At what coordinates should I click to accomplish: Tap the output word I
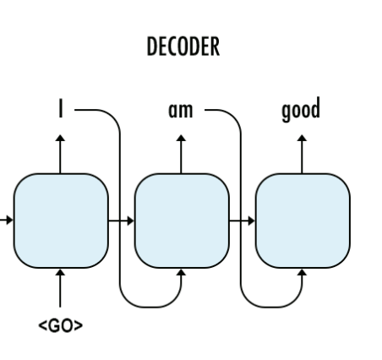pyautogui.click(x=60, y=111)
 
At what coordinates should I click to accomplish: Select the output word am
pyautogui.click(x=180, y=111)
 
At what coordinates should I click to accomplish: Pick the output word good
pyautogui.click(x=302, y=111)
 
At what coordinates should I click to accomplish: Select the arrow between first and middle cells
pyautogui.click(x=121, y=221)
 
